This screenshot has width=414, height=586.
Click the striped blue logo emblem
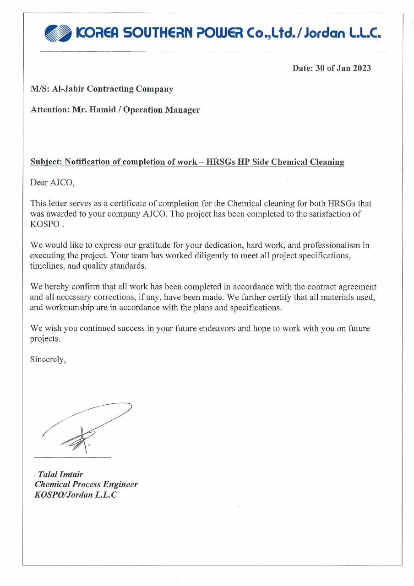pos(59,33)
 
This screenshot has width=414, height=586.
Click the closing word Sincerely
pos(48,359)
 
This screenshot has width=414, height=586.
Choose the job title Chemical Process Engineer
pos(86,484)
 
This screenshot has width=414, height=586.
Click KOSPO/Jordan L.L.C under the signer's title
pos(76,494)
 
